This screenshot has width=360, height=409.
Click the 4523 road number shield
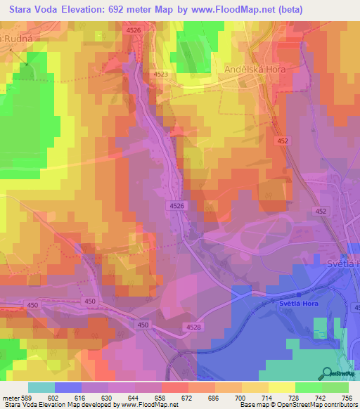[x=160, y=74]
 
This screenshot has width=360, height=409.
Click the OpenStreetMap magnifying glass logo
[x=327, y=372]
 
